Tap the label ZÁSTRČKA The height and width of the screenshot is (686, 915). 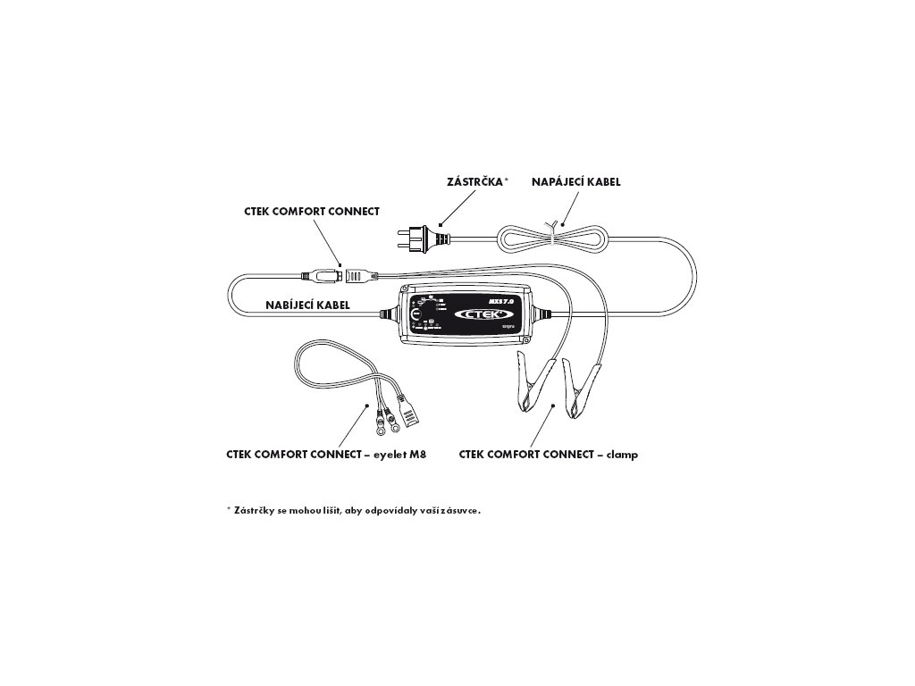(474, 181)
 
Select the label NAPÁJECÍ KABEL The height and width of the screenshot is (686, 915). (576, 181)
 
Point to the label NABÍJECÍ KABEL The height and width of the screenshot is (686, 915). (306, 304)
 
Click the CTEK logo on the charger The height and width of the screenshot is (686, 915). (483, 314)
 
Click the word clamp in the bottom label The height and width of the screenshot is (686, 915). (624, 455)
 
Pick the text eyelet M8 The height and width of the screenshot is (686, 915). (403, 455)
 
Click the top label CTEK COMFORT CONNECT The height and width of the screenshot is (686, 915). (312, 212)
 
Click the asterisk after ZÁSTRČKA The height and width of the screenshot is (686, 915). (507, 180)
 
